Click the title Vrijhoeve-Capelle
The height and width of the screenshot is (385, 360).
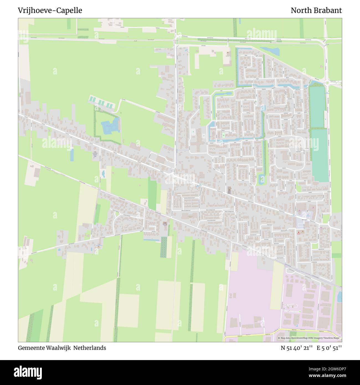pyautogui.click(x=50, y=11)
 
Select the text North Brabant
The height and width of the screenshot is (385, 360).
pyautogui.click(x=316, y=11)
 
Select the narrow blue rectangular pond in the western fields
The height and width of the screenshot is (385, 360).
pyautogui.click(x=72, y=155)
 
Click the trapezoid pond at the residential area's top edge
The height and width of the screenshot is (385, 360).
pyautogui.click(x=270, y=51)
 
